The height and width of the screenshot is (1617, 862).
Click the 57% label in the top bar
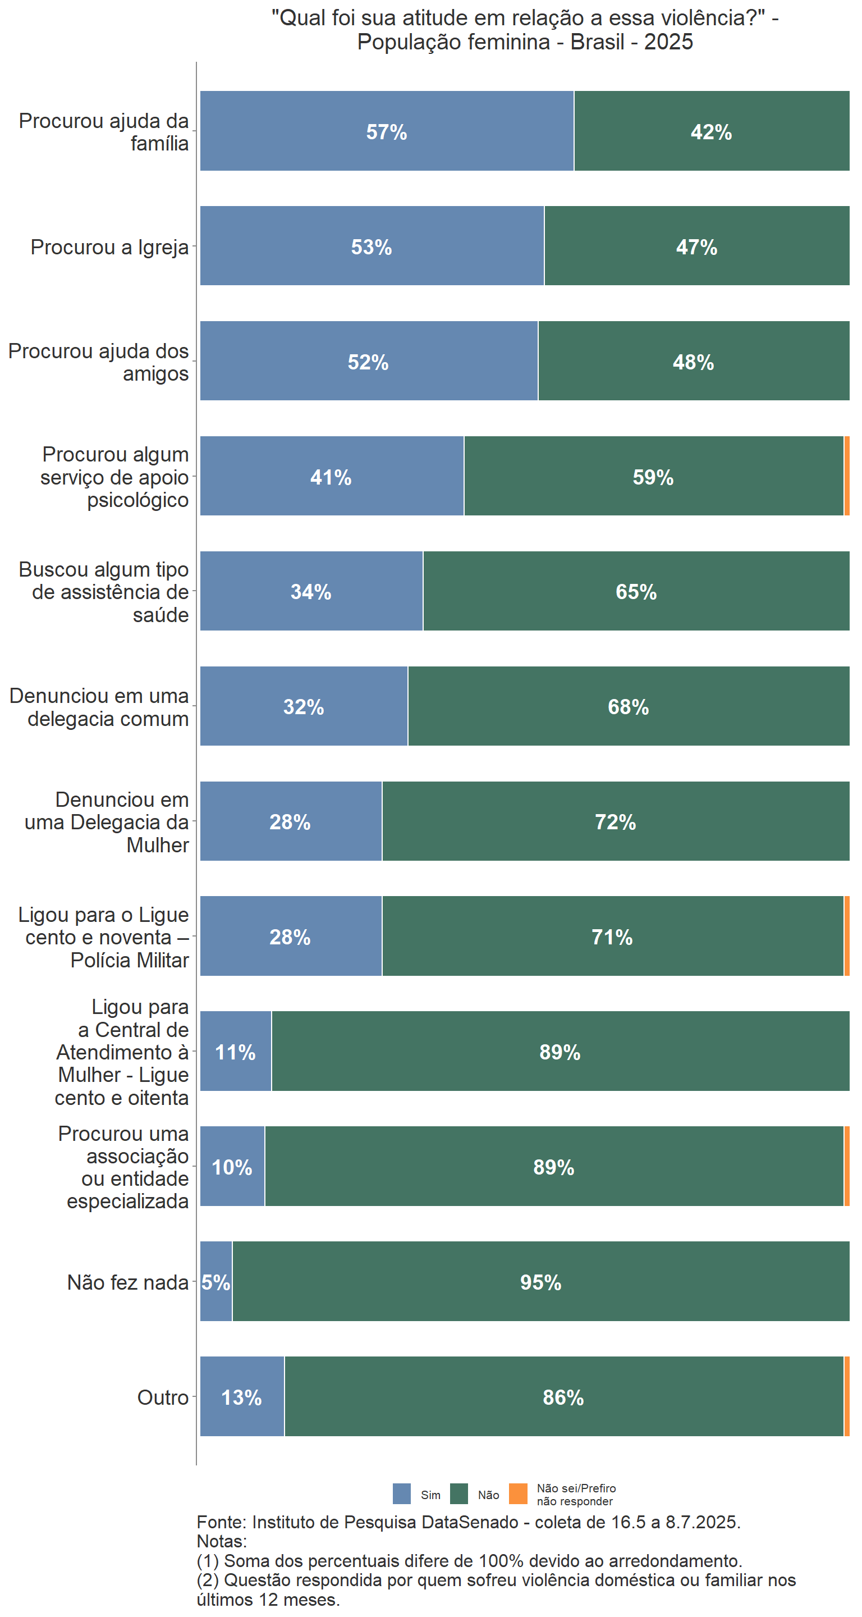(x=387, y=132)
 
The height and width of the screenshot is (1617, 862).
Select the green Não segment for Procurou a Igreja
(x=696, y=246)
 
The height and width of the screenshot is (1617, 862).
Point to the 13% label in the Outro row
(x=241, y=1397)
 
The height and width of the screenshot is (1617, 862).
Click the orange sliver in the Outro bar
(x=846, y=1397)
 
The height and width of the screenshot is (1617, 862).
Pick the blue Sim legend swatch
(x=401, y=1494)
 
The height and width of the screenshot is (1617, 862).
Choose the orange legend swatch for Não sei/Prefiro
(x=517, y=1494)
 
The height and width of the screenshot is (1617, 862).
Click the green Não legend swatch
(x=459, y=1494)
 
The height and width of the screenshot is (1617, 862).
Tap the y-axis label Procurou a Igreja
(x=109, y=247)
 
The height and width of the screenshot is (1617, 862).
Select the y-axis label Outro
(x=163, y=1397)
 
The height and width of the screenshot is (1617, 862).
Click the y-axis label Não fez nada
(x=127, y=1282)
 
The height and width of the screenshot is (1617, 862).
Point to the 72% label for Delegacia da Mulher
(x=615, y=821)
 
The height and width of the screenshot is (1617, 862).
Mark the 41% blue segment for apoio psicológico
(x=331, y=477)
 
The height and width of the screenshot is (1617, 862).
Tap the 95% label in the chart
(x=540, y=1282)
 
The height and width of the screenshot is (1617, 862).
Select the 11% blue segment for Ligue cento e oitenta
(x=235, y=1052)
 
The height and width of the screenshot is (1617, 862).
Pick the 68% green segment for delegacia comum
(x=628, y=706)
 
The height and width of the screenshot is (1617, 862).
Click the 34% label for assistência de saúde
(x=310, y=591)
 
